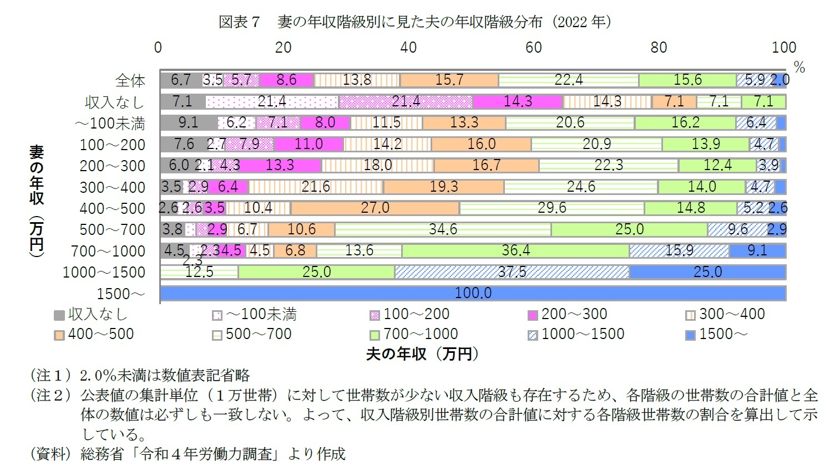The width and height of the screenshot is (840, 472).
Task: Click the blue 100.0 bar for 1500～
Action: pyautogui.click(x=473, y=293)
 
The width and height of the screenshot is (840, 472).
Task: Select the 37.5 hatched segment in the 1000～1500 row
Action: pyautogui.click(x=512, y=271)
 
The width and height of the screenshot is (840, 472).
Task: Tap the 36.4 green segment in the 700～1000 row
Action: pyautogui.click(x=515, y=250)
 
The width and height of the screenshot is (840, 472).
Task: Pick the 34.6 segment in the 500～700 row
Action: pyautogui.click(x=443, y=229)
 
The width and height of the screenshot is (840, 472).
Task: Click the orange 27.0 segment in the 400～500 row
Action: pyautogui.click(x=375, y=208)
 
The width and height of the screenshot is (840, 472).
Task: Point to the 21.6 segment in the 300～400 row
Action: pyautogui.click(x=316, y=187)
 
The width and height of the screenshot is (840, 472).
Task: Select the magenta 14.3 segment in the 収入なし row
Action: pyautogui.click(x=518, y=101)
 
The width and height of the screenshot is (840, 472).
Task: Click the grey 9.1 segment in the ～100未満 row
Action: pyautogui.click(x=188, y=122)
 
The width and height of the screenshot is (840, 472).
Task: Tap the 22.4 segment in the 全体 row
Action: pyautogui.click(x=569, y=80)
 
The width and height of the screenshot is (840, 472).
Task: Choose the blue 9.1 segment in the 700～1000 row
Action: pyautogui.click(x=757, y=250)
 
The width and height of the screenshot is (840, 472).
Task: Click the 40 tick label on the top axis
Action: pyautogui.click(x=408, y=48)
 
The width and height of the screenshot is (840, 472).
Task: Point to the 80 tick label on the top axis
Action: pyautogui.click(x=659, y=48)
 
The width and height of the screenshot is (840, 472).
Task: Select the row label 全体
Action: pyautogui.click(x=130, y=81)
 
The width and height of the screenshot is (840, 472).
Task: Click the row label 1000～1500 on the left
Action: pyautogui.click(x=104, y=272)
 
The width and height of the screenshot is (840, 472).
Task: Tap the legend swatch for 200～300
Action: pyautogui.click(x=533, y=315)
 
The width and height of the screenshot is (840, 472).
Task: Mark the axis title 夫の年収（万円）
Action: pyautogui.click(x=422, y=354)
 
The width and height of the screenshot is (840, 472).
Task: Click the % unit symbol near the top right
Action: pyautogui.click(x=799, y=68)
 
